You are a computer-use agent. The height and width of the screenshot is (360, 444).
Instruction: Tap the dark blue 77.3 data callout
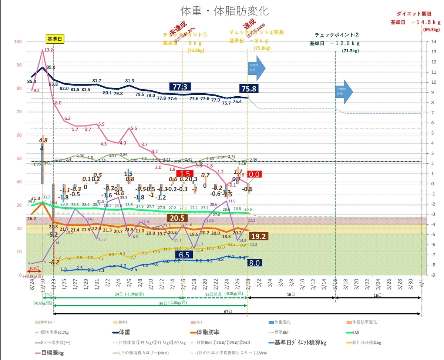coord(180,87)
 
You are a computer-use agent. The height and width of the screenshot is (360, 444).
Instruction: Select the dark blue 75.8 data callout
coord(248,89)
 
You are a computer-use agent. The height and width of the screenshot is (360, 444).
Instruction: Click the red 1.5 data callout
coord(185,174)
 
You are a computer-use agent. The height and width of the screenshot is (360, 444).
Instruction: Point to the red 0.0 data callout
coord(255,174)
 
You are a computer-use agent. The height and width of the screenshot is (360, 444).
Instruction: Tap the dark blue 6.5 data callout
coord(184,254)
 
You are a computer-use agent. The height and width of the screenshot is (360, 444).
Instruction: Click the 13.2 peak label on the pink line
coord(48,50)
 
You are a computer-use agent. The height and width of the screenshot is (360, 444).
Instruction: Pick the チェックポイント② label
coord(337,35)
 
